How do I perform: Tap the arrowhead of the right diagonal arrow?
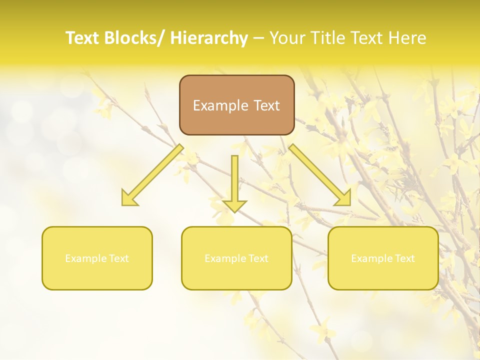point(344,198)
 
